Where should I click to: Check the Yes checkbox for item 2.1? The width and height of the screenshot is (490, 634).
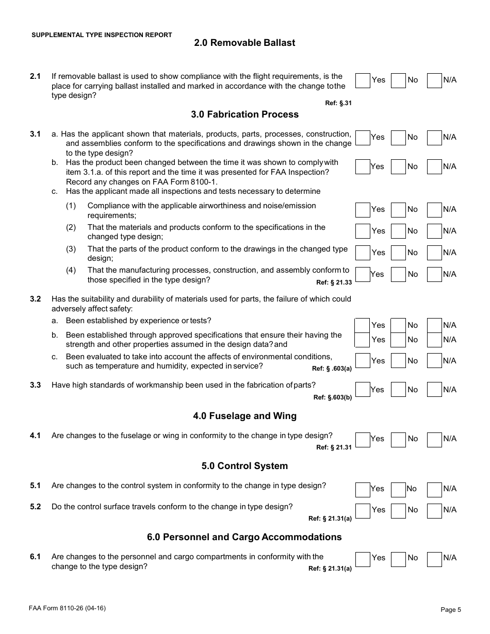click(x=363, y=80)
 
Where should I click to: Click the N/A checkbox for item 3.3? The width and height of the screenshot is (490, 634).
click(x=434, y=390)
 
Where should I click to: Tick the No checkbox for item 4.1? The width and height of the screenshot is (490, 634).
click(x=398, y=440)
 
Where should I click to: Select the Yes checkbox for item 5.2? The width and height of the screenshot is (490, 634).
click(x=363, y=511)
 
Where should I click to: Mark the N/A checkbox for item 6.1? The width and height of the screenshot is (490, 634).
click(x=434, y=559)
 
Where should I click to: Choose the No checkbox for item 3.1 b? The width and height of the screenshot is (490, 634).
click(x=398, y=167)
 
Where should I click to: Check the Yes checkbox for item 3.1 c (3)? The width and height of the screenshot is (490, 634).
click(x=363, y=253)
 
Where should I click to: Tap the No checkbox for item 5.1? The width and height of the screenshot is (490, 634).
click(x=398, y=489)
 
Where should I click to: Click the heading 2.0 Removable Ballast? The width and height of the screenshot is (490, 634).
click(x=244, y=43)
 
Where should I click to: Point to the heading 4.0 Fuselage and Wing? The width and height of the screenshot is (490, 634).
click(x=244, y=416)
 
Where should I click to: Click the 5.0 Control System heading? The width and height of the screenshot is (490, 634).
click(x=244, y=466)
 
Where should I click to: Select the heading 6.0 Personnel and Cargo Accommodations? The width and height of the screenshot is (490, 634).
click(x=244, y=537)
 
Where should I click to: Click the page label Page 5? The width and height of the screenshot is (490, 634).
click(x=451, y=610)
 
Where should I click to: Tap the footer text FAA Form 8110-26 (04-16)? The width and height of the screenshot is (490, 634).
click(x=68, y=608)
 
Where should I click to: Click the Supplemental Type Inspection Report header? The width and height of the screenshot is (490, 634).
click(x=102, y=35)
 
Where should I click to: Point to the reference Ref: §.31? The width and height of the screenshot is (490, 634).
click(x=338, y=103)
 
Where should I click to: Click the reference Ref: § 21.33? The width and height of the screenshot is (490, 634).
click(x=334, y=282)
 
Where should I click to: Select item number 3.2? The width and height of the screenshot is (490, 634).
click(x=35, y=299)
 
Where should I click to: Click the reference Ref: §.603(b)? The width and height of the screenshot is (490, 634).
click(x=332, y=397)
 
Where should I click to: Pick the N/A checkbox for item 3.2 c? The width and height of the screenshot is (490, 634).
click(x=434, y=361)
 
